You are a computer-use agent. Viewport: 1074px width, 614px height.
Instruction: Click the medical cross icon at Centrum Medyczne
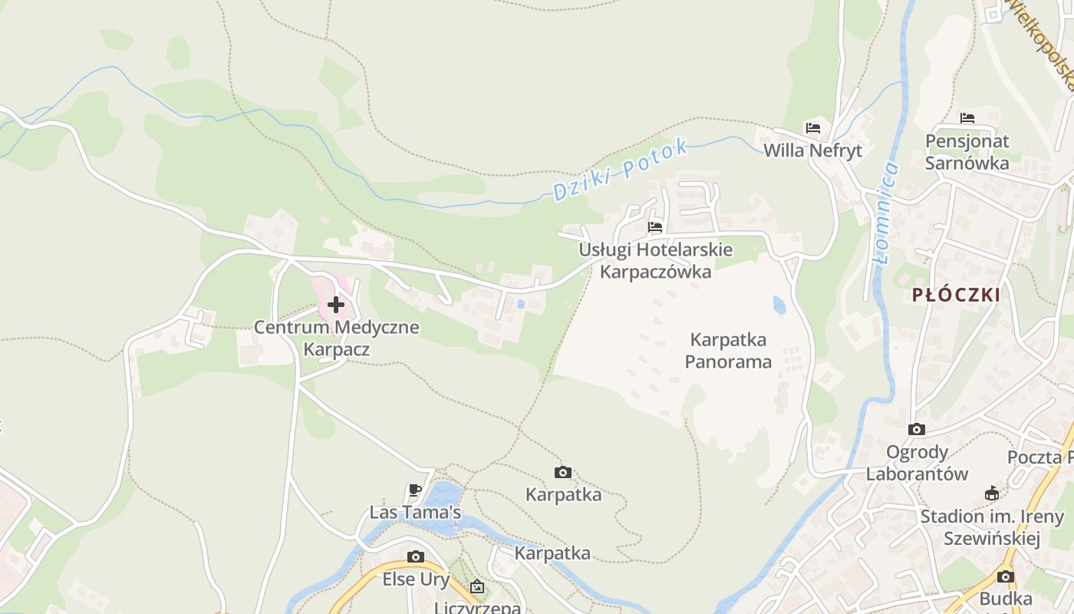click(x=336, y=305)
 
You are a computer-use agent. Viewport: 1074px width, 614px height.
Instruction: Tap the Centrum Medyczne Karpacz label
click(x=337, y=338)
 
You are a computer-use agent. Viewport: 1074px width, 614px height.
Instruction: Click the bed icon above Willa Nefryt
click(x=813, y=127)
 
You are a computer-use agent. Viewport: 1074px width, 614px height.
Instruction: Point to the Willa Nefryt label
click(x=812, y=150)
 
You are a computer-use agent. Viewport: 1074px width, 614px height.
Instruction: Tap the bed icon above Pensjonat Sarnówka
click(x=967, y=118)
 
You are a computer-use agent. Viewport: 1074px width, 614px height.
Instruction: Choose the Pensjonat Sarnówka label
click(x=967, y=152)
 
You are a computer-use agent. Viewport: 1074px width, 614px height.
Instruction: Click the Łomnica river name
click(x=885, y=213)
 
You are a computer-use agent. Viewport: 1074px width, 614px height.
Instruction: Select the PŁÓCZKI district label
click(x=956, y=295)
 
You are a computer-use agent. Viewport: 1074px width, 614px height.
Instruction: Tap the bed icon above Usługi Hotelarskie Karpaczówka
click(x=655, y=227)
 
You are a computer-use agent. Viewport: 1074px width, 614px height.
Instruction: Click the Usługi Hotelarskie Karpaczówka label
click(x=655, y=261)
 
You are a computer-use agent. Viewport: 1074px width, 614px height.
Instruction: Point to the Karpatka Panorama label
click(x=728, y=350)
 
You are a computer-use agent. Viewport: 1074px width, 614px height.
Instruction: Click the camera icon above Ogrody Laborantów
click(x=917, y=429)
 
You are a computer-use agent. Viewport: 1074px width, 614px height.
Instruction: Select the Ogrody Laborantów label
click(x=917, y=463)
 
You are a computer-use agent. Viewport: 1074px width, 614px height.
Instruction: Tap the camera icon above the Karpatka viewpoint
click(x=563, y=472)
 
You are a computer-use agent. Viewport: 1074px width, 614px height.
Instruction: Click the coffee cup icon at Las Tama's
click(x=415, y=490)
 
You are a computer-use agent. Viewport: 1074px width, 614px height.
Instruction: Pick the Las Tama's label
click(x=415, y=512)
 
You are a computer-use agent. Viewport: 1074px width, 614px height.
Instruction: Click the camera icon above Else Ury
click(x=415, y=556)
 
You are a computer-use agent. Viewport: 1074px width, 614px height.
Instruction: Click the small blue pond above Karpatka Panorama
click(x=779, y=305)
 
